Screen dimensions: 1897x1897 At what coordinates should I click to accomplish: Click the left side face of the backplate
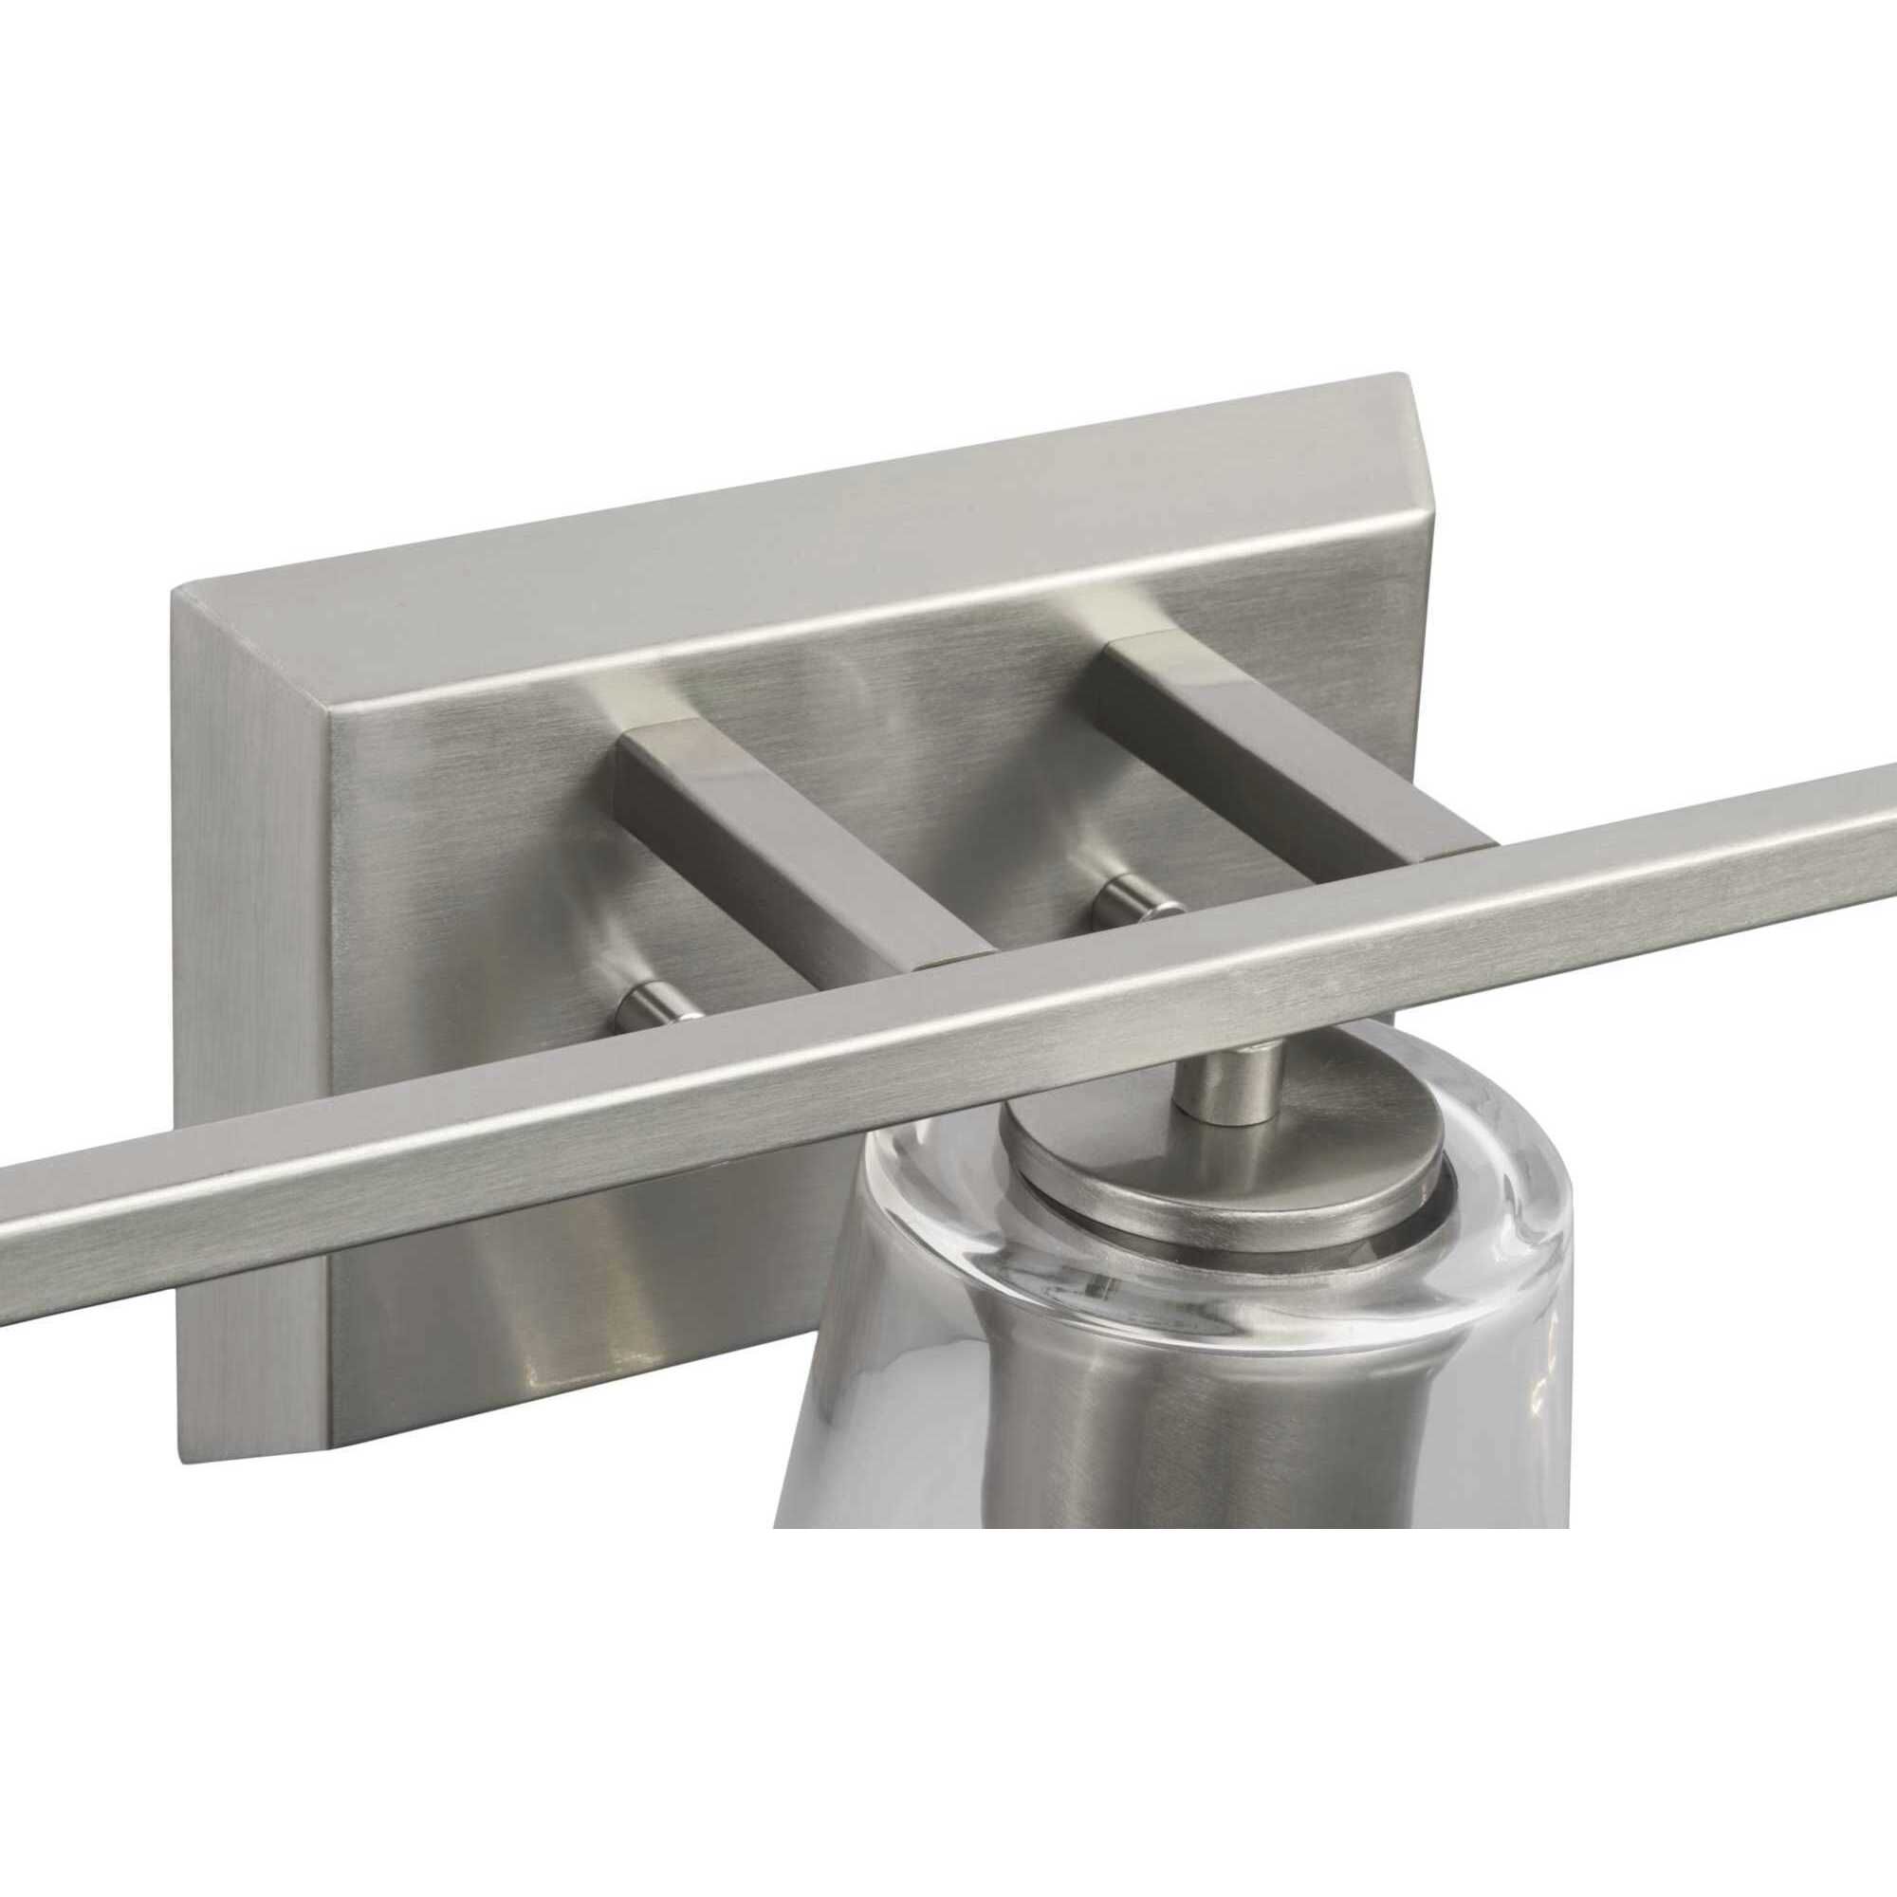pyautogui.click(x=250, y=982)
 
